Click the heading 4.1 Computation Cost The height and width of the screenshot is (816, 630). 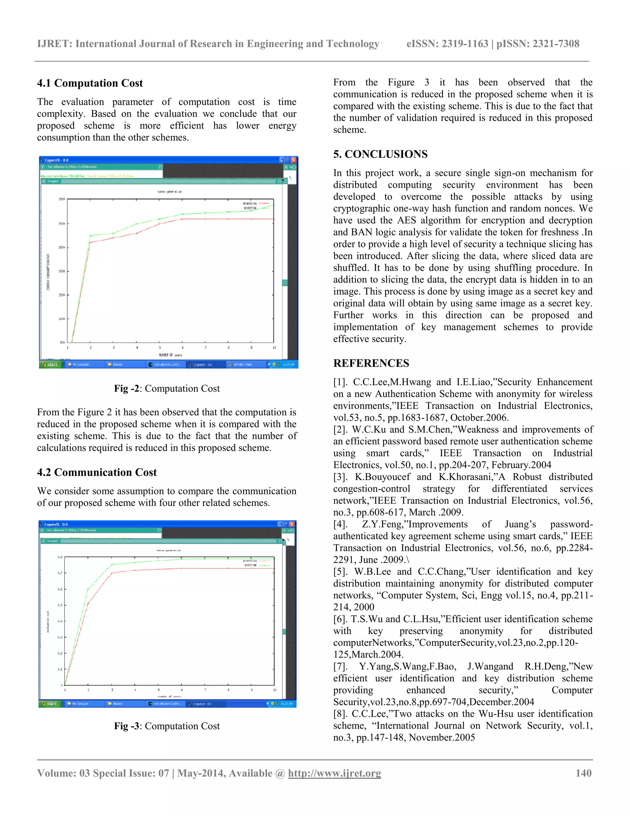pyautogui.click(x=90, y=83)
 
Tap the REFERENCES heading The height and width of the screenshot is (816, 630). pyautogui.click(x=371, y=363)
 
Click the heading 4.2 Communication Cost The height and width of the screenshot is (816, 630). pyautogui.click(x=97, y=472)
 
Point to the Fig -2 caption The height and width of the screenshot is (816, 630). pyautogui.click(x=167, y=389)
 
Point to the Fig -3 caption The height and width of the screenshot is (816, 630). pyautogui.click(x=167, y=726)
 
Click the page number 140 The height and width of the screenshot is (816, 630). pyautogui.click(x=583, y=773)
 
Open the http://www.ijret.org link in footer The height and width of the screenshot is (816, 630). pyautogui.click(x=334, y=773)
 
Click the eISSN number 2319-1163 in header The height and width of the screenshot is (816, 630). pyautogui.click(x=465, y=44)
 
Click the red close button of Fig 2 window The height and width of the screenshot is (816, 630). pyautogui.click(x=294, y=160)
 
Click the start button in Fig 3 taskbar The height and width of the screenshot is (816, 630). pyautogui.click(x=50, y=704)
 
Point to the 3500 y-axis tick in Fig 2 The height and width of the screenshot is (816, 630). pyautogui.click(x=62, y=199)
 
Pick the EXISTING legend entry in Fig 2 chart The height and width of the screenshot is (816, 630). pyautogui.click(x=250, y=208)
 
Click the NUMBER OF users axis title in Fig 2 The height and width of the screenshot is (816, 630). pyautogui.click(x=170, y=355)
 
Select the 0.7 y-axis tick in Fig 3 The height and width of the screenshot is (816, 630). pyautogui.click(x=60, y=573)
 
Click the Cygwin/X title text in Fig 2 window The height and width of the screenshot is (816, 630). pyautogui.click(x=56, y=160)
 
